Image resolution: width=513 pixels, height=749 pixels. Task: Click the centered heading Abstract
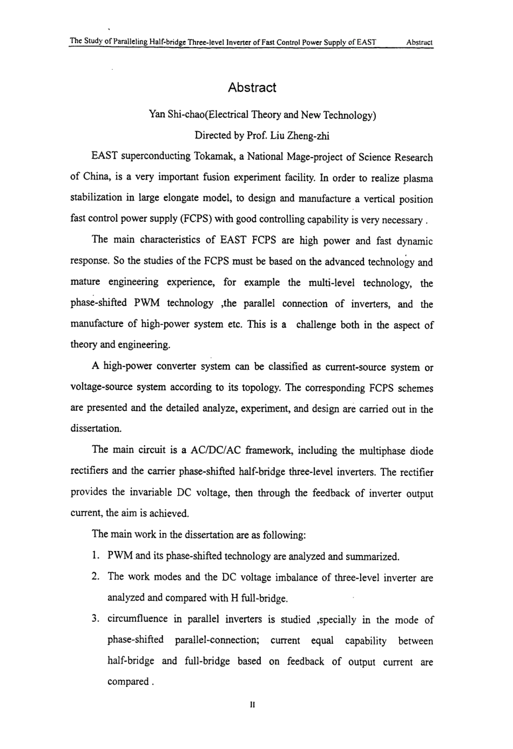(252, 87)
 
